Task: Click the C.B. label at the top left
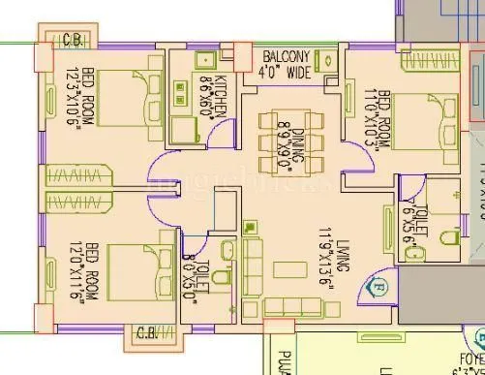(x=71, y=40)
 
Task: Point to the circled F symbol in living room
(x=379, y=287)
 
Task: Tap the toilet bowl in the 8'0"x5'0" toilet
(x=221, y=280)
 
